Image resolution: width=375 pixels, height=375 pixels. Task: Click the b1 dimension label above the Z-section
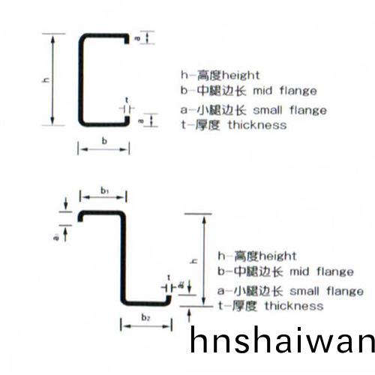coord(105,191)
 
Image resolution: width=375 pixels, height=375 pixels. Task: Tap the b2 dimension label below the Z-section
coord(145,317)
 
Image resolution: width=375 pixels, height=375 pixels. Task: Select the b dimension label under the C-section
coord(104,141)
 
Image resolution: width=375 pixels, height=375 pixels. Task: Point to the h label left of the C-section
coord(46,79)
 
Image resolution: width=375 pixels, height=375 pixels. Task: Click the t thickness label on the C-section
coord(127,100)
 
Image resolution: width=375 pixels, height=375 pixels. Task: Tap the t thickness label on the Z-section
coord(169,277)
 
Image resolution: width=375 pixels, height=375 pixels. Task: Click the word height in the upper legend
coord(241,76)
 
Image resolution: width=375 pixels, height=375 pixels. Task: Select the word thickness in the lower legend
coord(294,306)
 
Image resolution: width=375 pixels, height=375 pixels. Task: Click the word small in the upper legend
coord(268,110)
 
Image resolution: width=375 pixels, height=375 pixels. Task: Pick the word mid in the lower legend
coord(299,271)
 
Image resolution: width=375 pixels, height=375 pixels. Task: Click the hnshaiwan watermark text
coord(282,340)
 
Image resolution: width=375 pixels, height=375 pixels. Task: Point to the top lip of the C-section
coord(127,39)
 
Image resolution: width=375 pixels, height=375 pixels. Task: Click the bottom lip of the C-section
coord(127,120)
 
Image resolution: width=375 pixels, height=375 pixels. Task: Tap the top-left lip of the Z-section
coord(80,217)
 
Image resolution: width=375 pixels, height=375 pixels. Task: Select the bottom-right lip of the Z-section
coord(169,299)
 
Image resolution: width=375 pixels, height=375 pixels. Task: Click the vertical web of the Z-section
coord(123,257)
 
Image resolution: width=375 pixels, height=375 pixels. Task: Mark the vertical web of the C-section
coord(80,79)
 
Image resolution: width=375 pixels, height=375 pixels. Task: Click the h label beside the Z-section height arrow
coord(193,261)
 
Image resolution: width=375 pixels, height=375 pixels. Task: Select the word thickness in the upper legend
coord(257,125)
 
